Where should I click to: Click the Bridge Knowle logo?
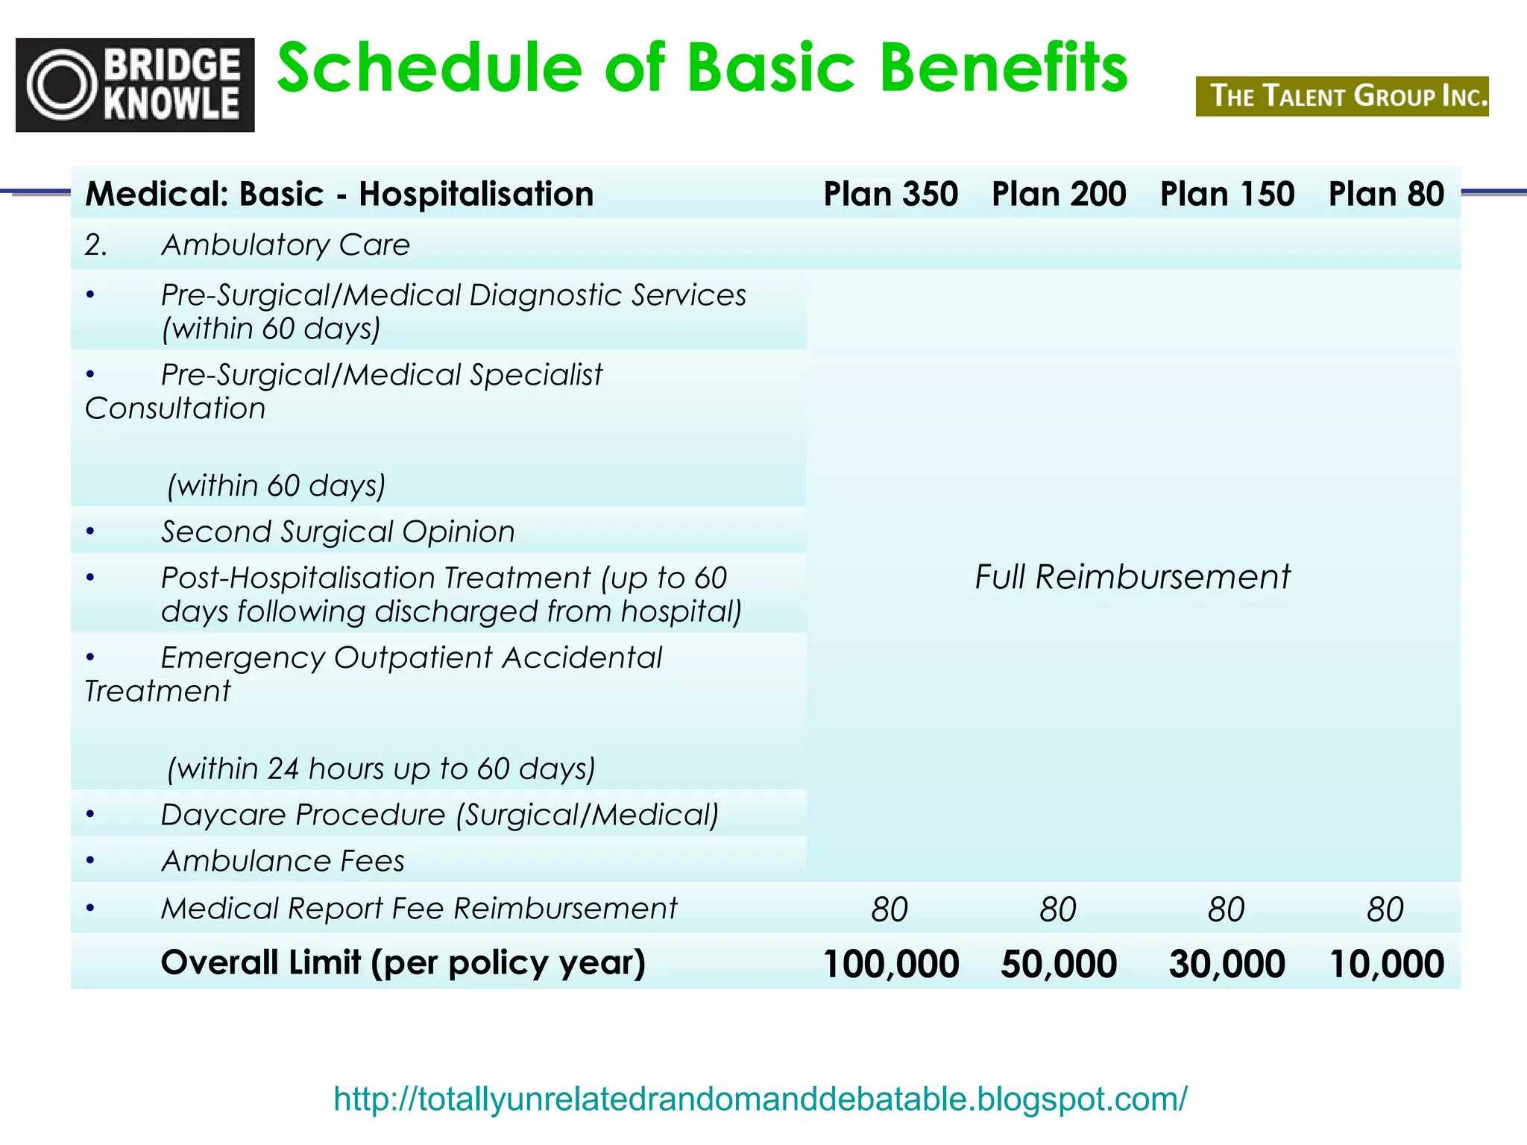pyautogui.click(x=135, y=85)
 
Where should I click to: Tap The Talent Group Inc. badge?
pyautogui.click(x=1341, y=96)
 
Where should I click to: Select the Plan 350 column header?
pyautogui.click(x=890, y=194)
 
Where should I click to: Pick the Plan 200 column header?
pyautogui.click(x=1058, y=194)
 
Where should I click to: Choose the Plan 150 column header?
pyautogui.click(x=1227, y=194)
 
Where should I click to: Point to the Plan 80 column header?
pyautogui.click(x=1386, y=194)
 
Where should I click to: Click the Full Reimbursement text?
pyautogui.click(x=1132, y=577)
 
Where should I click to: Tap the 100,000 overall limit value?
pyautogui.click(x=890, y=963)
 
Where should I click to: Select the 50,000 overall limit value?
pyautogui.click(x=1058, y=963)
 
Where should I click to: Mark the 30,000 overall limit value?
pyautogui.click(x=1227, y=963)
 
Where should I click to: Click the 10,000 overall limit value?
pyautogui.click(x=1386, y=963)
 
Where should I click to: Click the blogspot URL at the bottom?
pyautogui.click(x=760, y=1099)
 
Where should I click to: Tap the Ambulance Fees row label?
pyautogui.click(x=283, y=861)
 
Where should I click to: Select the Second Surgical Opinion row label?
pyautogui.click(x=338, y=532)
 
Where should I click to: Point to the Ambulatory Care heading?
pyautogui.click(x=285, y=245)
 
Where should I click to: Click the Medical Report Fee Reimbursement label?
pyautogui.click(x=418, y=908)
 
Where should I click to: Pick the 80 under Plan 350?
pyautogui.click(x=890, y=909)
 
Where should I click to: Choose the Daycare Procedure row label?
pyautogui.click(x=439, y=815)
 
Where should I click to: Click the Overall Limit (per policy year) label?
pyautogui.click(x=403, y=962)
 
